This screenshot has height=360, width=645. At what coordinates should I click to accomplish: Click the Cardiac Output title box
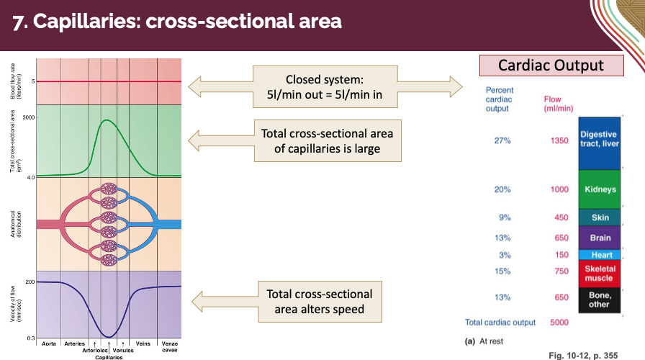552,66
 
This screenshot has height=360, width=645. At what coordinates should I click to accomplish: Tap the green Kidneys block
600,189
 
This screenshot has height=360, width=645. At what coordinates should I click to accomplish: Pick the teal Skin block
600,217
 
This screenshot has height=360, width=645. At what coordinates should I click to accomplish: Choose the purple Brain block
600,237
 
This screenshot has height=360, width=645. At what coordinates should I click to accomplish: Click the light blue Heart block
600,255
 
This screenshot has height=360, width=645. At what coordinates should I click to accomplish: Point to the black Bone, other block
600,300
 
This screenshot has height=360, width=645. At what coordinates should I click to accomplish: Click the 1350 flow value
559,140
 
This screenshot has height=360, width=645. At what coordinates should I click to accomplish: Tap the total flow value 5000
559,323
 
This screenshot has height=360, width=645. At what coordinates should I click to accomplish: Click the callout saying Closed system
324,86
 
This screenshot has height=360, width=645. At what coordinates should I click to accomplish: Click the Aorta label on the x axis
48,343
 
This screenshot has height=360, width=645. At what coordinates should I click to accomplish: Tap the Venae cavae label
168,346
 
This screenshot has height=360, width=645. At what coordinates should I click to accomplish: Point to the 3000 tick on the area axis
29,117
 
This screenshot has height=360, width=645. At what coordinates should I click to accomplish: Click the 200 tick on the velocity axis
30,282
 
